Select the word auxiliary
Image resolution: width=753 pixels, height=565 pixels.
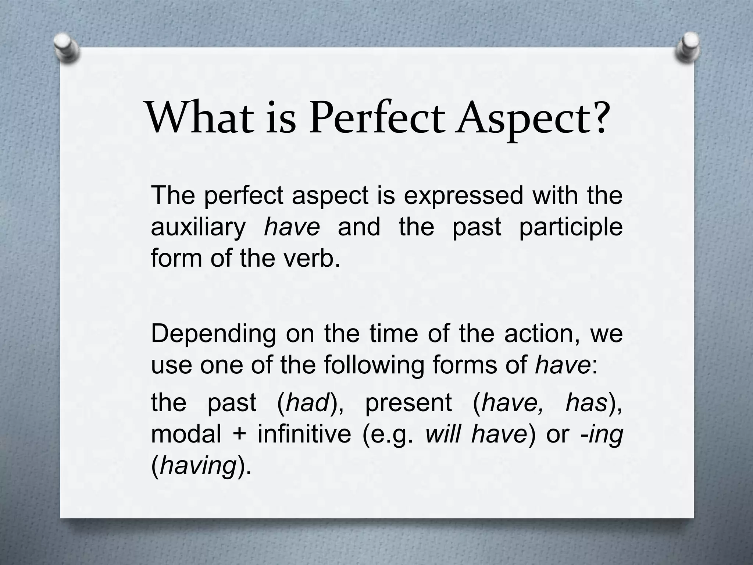click(x=198, y=227)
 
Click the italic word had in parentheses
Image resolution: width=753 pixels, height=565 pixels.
click(x=307, y=402)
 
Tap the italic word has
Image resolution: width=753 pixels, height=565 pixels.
click(x=586, y=402)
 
